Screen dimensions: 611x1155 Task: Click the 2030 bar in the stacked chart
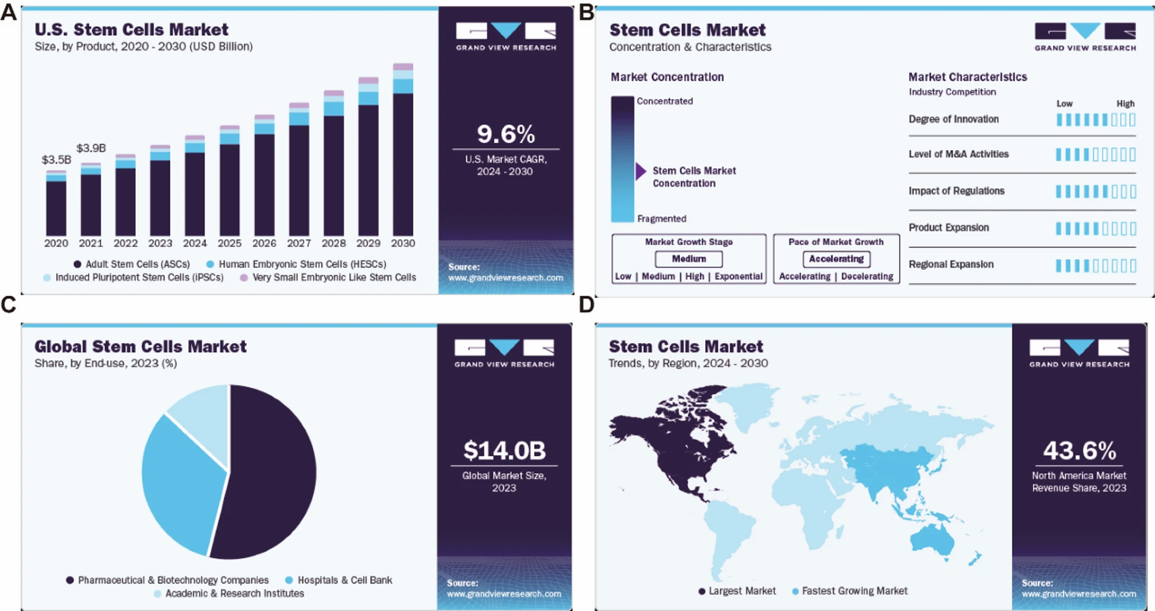(x=403, y=155)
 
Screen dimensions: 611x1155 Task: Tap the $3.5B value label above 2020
(x=56, y=159)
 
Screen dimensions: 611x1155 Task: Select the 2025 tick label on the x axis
(x=230, y=243)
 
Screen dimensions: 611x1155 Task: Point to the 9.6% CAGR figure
(x=506, y=134)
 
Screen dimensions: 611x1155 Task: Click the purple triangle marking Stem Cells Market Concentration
(x=641, y=171)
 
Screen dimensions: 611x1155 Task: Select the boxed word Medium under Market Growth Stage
(x=689, y=259)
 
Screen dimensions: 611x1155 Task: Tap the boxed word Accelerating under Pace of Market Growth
(x=836, y=259)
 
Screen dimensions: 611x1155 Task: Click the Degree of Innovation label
(x=953, y=119)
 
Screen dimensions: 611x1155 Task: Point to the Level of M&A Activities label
(x=958, y=154)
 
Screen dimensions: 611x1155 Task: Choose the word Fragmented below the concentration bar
(x=661, y=219)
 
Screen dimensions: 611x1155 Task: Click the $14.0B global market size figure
(x=504, y=450)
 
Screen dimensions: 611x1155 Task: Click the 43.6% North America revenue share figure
(x=1079, y=450)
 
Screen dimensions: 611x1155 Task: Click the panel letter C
(x=9, y=305)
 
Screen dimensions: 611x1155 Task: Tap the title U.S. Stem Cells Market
(x=131, y=29)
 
